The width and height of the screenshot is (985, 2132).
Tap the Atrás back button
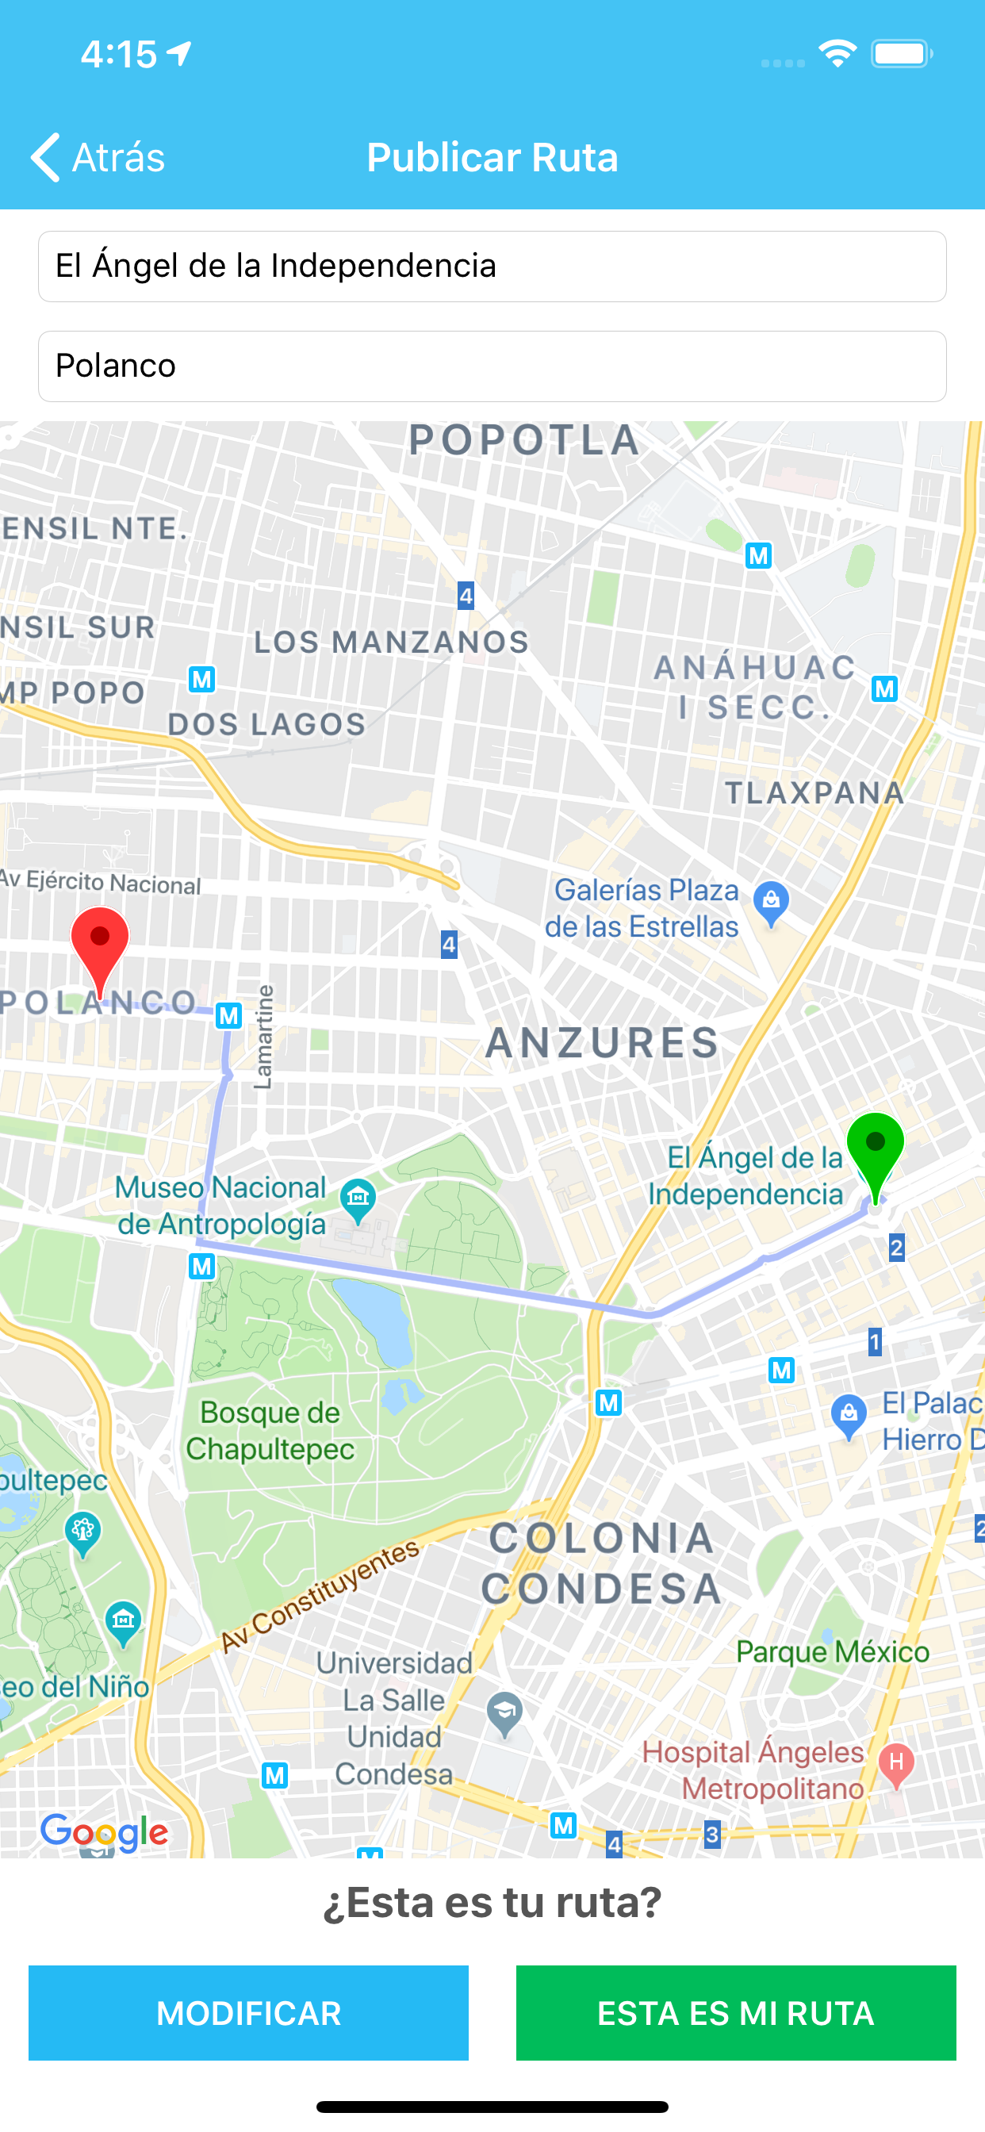click(x=98, y=157)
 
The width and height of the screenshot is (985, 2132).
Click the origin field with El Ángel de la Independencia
click(x=492, y=266)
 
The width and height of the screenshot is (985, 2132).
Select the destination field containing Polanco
click(x=492, y=366)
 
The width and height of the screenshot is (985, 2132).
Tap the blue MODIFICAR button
click(x=248, y=2012)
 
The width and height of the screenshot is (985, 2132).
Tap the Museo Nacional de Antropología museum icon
click(x=358, y=1197)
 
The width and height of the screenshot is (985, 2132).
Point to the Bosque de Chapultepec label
click(x=270, y=1431)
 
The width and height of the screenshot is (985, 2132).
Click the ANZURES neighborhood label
click(x=602, y=1043)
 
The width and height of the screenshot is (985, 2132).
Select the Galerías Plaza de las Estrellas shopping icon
click(x=771, y=899)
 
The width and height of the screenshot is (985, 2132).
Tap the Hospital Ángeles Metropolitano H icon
click(x=895, y=1762)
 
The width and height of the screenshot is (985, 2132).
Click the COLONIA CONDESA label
click(x=601, y=1563)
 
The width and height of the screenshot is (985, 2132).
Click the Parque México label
click(x=833, y=1652)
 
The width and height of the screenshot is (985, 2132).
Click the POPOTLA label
click(x=525, y=440)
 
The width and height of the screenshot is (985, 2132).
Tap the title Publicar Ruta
click(x=492, y=157)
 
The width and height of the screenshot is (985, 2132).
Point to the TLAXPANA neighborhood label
click(x=814, y=793)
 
